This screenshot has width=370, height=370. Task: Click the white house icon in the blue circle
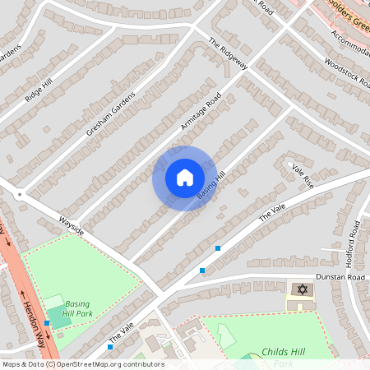coord(184,178)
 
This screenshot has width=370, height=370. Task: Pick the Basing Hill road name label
coord(211,185)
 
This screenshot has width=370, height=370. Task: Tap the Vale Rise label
coord(303,174)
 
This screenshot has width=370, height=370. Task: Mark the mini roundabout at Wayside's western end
coord(18,195)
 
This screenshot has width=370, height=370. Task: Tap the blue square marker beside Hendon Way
coord(47,323)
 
